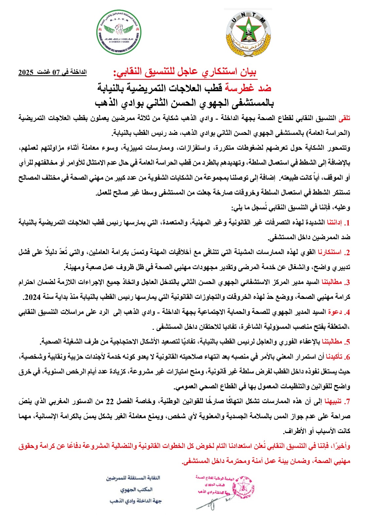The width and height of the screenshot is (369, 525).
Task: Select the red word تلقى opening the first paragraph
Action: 344,118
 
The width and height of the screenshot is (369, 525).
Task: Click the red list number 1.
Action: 348,223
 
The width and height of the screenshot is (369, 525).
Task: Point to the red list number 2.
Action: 347,253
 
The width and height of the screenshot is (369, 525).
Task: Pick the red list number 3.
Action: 347,283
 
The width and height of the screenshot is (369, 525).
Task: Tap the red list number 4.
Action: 347,312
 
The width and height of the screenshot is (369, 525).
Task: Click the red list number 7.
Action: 347,402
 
